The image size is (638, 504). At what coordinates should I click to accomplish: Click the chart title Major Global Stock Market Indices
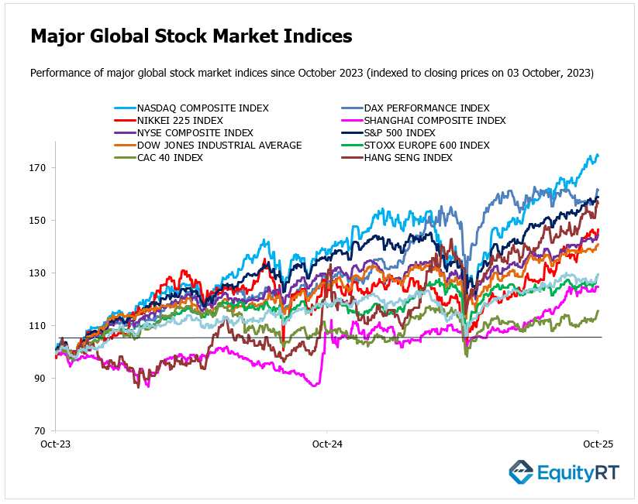click(x=191, y=36)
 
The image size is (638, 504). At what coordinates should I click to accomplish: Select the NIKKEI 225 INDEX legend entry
click(x=180, y=120)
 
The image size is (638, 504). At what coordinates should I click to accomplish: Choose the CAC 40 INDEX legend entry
click(x=171, y=157)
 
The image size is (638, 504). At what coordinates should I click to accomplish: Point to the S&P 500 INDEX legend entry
click(x=400, y=132)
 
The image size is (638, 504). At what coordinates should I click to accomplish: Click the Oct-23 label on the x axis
click(x=56, y=446)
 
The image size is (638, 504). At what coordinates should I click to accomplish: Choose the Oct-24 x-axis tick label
click(x=326, y=446)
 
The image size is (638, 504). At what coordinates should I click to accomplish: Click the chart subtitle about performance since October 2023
click(x=312, y=74)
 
